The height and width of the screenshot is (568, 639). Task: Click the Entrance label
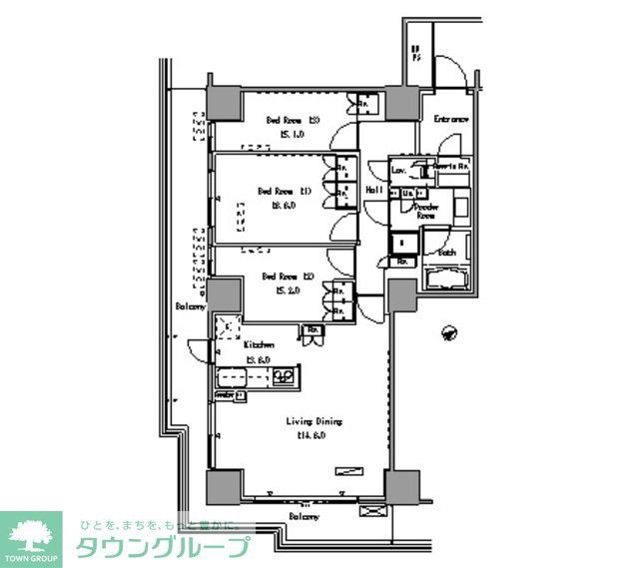pyautogui.click(x=451, y=120)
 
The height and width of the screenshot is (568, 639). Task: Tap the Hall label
pyautogui.click(x=374, y=190)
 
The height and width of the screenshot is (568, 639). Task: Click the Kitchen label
pyautogui.click(x=260, y=344)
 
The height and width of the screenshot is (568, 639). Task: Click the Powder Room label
pyautogui.click(x=427, y=211)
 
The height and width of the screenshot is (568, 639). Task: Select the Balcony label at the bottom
pyautogui.click(x=305, y=516)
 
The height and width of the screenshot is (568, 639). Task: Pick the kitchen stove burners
pyautogui.click(x=283, y=376)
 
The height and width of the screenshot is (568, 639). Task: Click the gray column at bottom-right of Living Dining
pyautogui.click(x=404, y=486)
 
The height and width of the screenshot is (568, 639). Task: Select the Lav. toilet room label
pyautogui.click(x=398, y=171)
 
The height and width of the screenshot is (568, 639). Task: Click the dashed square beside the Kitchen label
pyautogui.click(x=229, y=326)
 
